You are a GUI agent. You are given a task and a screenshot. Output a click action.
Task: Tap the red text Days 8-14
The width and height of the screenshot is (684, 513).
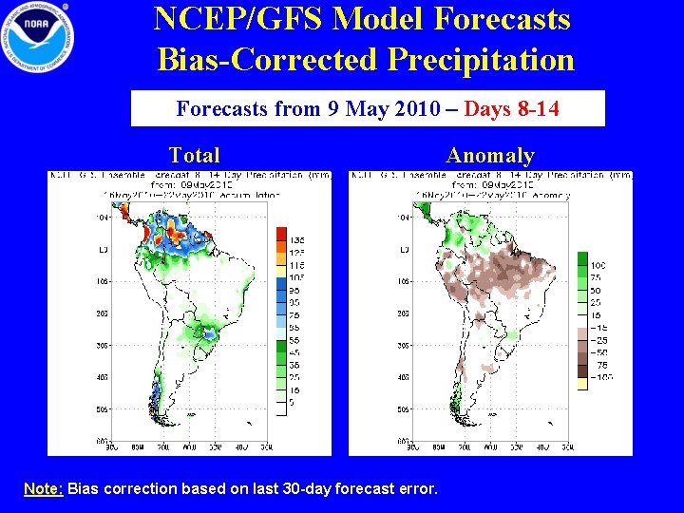512,108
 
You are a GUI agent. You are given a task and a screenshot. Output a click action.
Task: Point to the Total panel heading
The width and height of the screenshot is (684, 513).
194,155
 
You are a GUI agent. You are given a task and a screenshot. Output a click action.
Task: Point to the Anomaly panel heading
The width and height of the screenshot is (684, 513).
490,155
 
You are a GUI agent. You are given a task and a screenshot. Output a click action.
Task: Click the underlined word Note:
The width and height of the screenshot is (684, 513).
44,488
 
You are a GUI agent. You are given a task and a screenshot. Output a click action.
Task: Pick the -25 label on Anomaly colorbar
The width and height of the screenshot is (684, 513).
600,339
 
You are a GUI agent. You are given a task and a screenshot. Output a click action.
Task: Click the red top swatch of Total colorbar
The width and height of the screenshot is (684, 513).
281,233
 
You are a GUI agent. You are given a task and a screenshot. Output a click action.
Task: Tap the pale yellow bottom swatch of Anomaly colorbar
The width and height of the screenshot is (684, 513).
582,383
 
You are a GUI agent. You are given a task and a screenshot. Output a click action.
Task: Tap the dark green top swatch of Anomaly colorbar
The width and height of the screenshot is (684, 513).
582,258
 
